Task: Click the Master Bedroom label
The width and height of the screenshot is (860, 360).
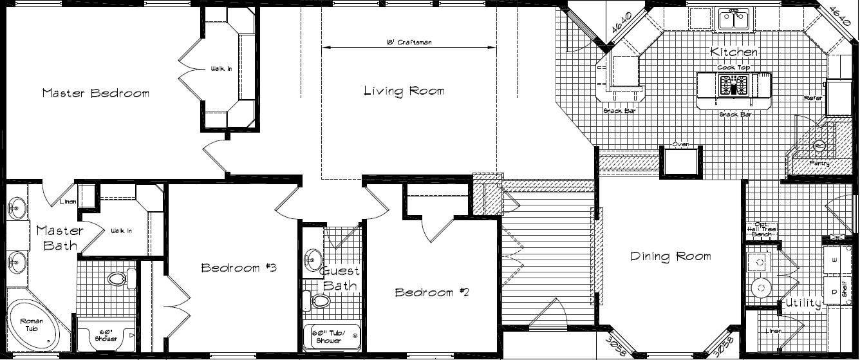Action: click(x=95, y=93)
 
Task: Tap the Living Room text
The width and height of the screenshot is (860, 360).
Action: click(x=404, y=91)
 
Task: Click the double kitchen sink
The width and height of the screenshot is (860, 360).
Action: click(x=735, y=20)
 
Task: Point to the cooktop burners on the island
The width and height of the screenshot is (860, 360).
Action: click(x=733, y=84)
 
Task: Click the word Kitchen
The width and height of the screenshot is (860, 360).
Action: click(x=734, y=52)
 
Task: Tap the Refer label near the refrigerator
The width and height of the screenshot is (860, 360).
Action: click(x=813, y=99)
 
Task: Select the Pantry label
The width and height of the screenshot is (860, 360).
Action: click(x=819, y=164)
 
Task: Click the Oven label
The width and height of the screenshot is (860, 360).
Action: click(x=681, y=144)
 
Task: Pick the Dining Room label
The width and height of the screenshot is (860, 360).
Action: click(x=670, y=256)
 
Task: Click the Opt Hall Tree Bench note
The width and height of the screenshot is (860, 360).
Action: click(x=760, y=229)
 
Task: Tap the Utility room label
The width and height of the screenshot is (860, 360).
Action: click(x=802, y=303)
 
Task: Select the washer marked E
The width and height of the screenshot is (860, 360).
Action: click(x=835, y=260)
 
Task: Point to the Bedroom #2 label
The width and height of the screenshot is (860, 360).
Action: click(x=432, y=292)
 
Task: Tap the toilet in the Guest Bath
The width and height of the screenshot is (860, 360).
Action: click(x=318, y=301)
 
